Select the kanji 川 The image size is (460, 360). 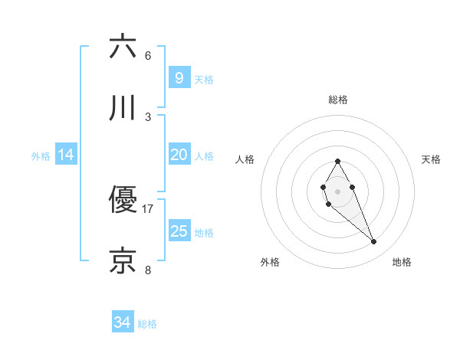123,108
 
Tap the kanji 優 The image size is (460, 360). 123,200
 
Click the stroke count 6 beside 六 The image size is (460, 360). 147,55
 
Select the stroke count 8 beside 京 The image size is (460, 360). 147,270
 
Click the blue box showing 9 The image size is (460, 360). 179,78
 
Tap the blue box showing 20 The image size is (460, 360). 179,155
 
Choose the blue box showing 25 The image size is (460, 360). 179,231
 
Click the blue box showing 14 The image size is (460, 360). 66,155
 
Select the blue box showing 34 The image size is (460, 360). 122,322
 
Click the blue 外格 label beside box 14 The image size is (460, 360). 41,156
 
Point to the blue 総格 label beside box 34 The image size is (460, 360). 147,324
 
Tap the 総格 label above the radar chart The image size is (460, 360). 337,100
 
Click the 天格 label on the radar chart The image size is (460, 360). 432,159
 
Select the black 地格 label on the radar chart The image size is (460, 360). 402,262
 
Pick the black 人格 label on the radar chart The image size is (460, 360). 245,159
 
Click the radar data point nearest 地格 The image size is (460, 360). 373,242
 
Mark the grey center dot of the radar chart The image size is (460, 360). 337,190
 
